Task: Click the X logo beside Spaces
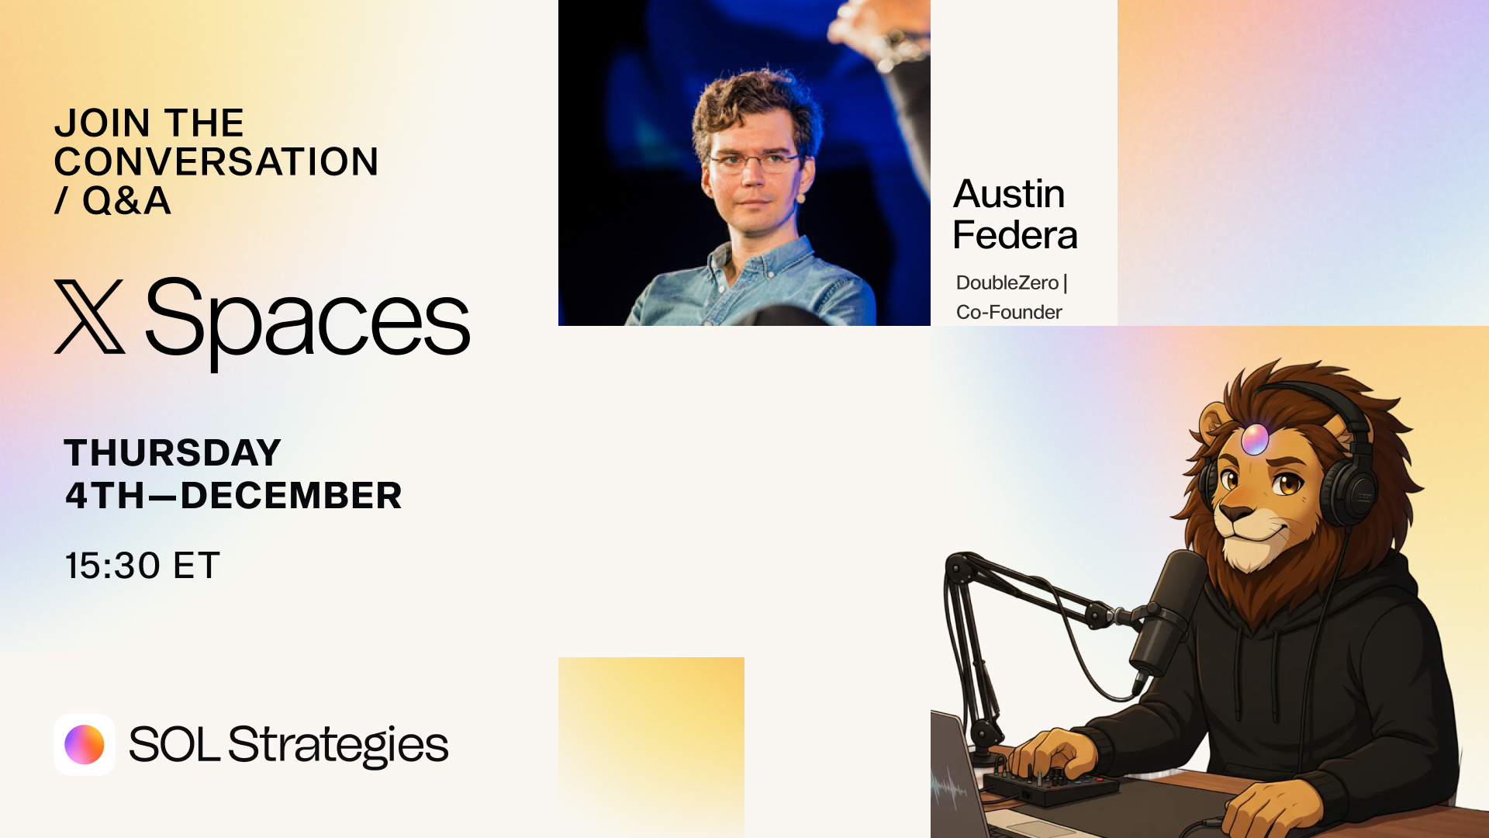pos(89,317)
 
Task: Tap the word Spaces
pos(308,322)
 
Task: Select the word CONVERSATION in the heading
pos(216,161)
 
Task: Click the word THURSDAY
pos(172,452)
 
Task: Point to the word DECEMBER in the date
pos(291,495)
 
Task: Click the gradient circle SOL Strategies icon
pos(85,745)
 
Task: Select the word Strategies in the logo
pos(338,746)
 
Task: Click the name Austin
pos(1009,193)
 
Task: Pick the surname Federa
pos(1015,234)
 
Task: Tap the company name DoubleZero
pos(1007,282)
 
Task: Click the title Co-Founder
pos(1009,312)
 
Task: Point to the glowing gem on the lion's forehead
pos(1255,439)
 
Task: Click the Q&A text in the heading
pos(126,200)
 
